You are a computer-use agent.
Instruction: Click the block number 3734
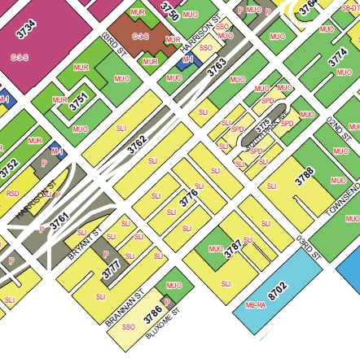pos(26,30)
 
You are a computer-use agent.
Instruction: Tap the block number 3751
pos(79,102)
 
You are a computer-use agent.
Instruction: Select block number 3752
pos(9,168)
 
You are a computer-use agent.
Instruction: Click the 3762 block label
pos(138,145)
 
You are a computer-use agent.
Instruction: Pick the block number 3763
pos(217,68)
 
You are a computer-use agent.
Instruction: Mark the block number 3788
pos(305,176)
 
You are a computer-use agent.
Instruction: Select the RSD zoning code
pos(13,194)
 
